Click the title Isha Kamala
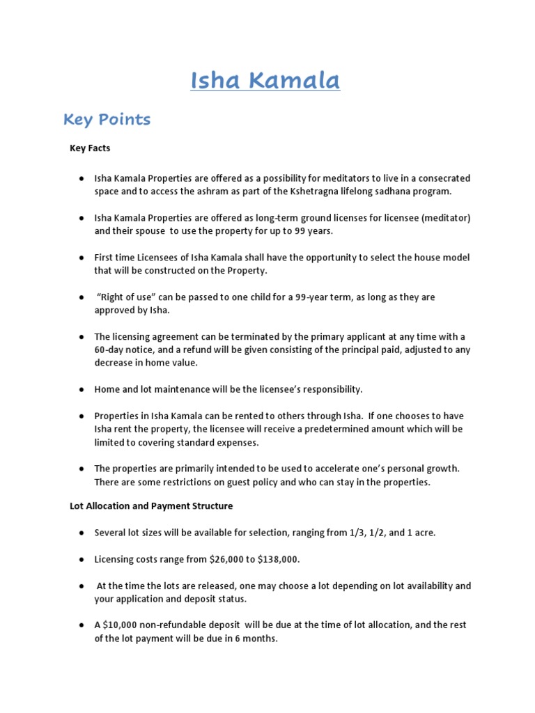(265, 81)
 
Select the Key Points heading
(107, 120)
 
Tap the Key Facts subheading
(90, 148)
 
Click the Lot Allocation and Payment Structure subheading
(150, 506)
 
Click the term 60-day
(109, 350)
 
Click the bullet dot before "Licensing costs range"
(82, 559)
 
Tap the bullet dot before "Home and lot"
(82, 389)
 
